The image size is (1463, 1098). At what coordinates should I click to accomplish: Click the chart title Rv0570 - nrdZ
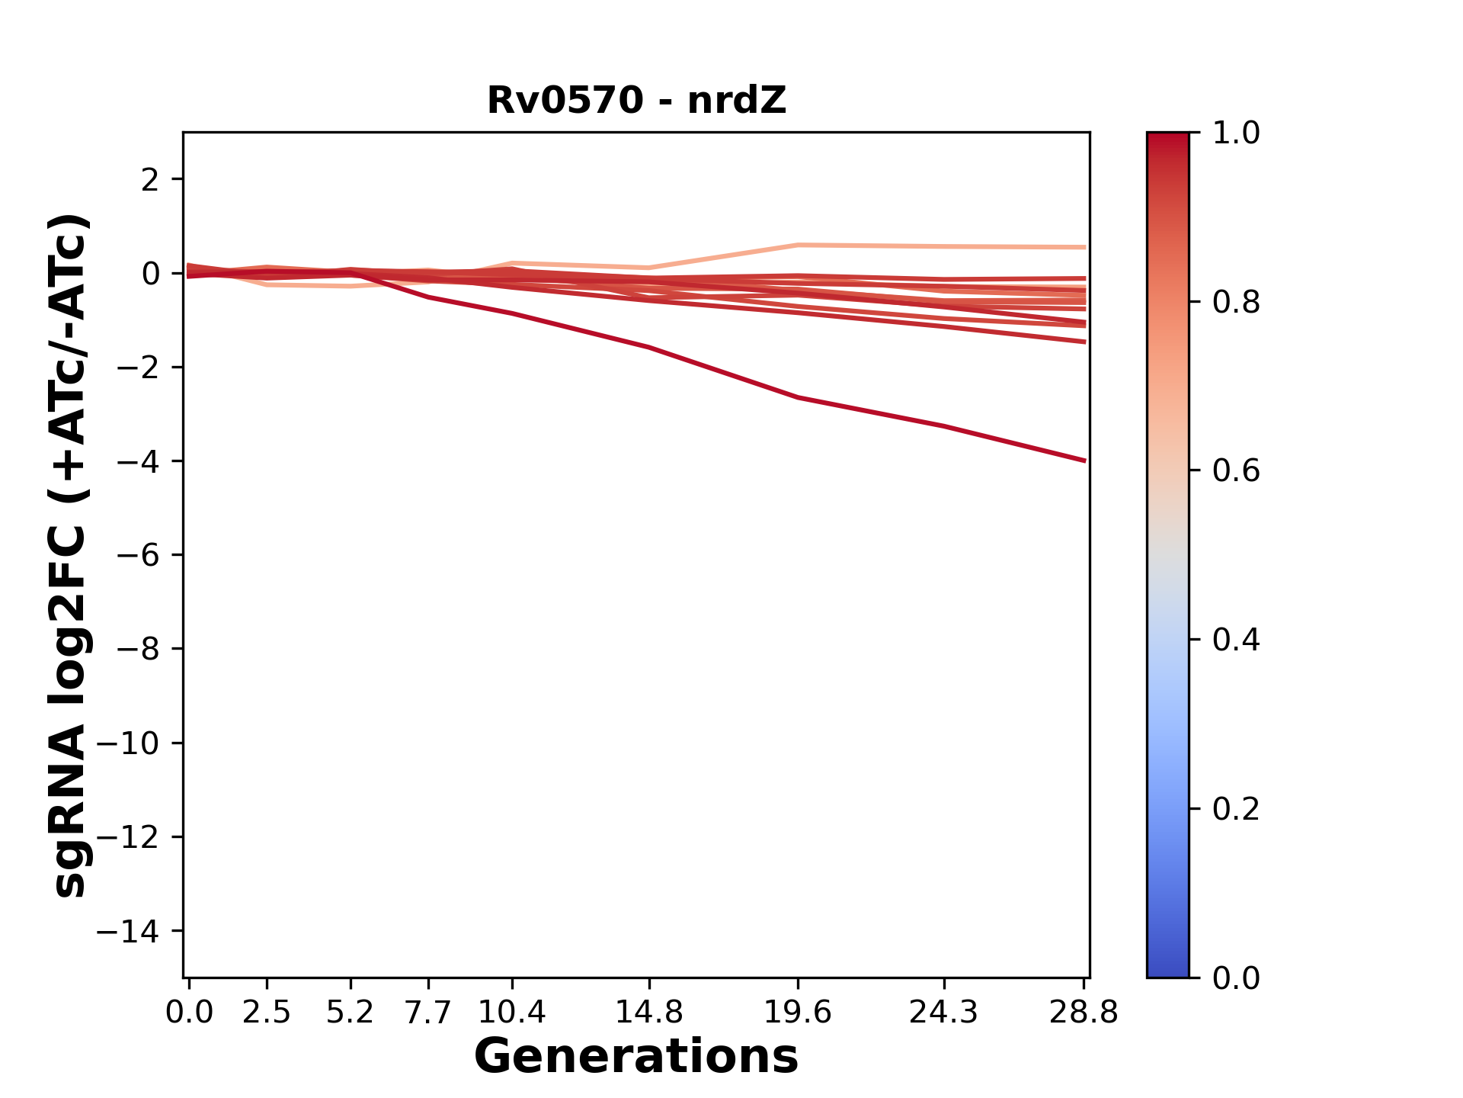tap(636, 101)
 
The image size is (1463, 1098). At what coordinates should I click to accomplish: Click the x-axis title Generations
tap(636, 1057)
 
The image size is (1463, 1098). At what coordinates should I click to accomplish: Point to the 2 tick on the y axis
tap(150, 180)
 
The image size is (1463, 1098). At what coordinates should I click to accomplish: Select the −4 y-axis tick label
tap(138, 461)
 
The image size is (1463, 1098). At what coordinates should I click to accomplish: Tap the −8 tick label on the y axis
tap(138, 650)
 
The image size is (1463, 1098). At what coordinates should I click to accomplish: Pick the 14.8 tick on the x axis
tap(648, 1012)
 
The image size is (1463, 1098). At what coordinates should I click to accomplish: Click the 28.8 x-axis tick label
tap(1084, 1012)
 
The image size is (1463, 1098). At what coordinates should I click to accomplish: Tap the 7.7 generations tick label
tap(428, 1012)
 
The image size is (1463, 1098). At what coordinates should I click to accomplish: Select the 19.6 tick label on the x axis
tap(798, 1012)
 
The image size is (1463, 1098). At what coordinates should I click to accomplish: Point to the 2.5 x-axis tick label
tap(267, 1012)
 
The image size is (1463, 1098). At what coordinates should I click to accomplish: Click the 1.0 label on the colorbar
tap(1236, 133)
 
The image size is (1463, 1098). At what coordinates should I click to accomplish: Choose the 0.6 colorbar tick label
tap(1236, 471)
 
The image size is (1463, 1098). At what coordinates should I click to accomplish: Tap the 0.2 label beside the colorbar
tap(1236, 809)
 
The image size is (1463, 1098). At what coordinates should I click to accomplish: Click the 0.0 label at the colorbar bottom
tap(1236, 978)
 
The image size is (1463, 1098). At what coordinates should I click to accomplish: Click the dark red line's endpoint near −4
tap(1084, 461)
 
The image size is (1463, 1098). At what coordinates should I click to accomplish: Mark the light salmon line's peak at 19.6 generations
tap(798, 245)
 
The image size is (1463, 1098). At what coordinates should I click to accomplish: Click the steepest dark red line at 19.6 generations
tap(798, 397)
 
